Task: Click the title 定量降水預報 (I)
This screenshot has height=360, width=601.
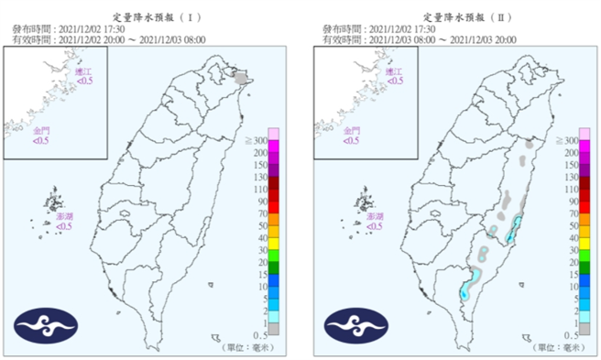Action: (x=151, y=16)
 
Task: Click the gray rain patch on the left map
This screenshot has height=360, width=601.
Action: (x=241, y=81)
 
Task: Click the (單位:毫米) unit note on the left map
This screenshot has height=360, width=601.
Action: (x=246, y=347)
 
